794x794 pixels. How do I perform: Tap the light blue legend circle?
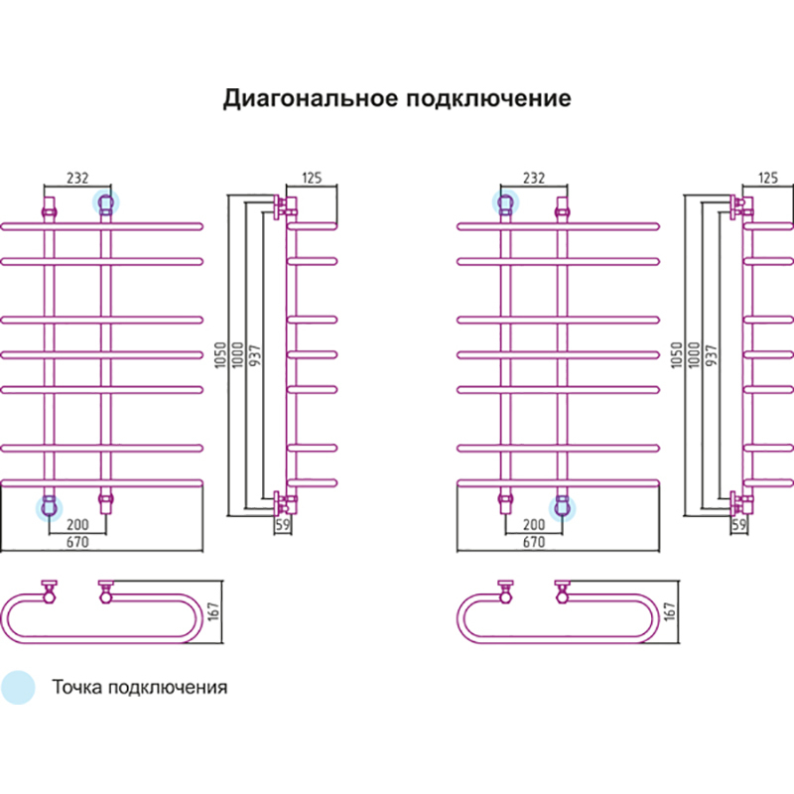pos(18,687)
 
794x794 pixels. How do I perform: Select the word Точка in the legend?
pos(76,687)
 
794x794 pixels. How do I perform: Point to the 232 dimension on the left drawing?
pos(77,179)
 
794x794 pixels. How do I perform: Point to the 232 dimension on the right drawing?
pos(533,179)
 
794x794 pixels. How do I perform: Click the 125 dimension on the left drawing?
pos(313,179)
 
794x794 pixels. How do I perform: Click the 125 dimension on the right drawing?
pos(768,179)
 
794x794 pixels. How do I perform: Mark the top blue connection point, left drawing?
pos(105,204)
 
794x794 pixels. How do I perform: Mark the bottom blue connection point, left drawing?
pos(48,508)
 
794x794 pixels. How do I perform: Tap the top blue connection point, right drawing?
pos(505,204)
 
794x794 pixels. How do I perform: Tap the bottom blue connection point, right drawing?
pos(563,508)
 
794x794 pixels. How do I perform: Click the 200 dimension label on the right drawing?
pos(533,523)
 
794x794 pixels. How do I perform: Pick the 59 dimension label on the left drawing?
pos(282,526)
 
